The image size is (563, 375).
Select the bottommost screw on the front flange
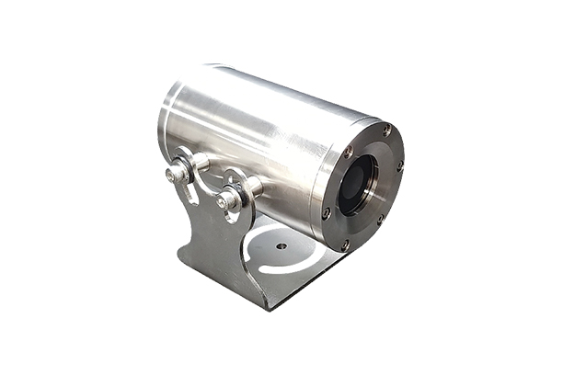345,244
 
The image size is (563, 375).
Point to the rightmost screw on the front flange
400,166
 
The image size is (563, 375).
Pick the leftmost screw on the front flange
327,212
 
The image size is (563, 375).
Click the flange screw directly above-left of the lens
347,152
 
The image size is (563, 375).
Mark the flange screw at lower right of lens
380,219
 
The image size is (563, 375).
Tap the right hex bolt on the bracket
225,199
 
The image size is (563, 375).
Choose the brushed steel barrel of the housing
258,138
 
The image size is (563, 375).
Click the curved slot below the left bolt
188,193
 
